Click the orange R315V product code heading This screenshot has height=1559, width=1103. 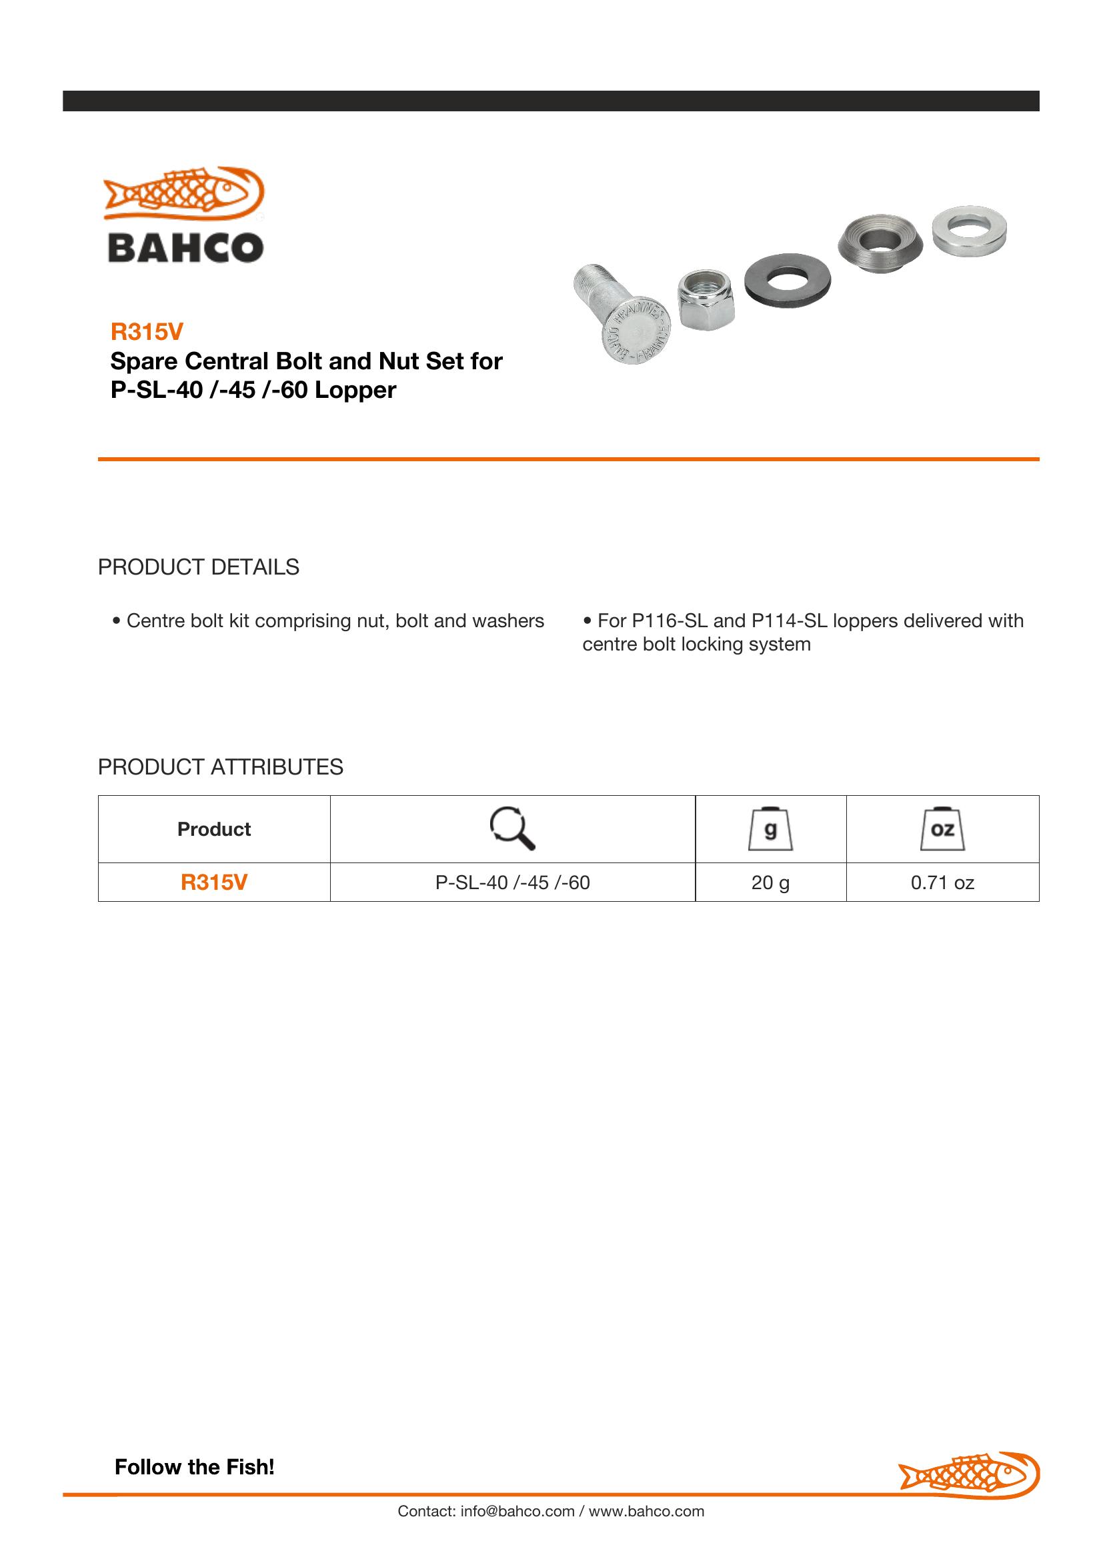[x=147, y=331]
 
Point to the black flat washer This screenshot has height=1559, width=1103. [x=788, y=279]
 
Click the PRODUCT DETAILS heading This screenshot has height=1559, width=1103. [x=198, y=567]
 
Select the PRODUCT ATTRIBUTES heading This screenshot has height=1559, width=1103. [x=221, y=767]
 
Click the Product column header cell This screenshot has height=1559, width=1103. [x=214, y=829]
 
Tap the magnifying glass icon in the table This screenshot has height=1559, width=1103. [x=512, y=828]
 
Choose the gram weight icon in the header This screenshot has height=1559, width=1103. [x=770, y=829]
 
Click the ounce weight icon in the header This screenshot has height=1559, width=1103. [x=942, y=829]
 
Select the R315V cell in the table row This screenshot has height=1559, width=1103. [x=214, y=882]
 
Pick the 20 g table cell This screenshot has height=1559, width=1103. [x=770, y=882]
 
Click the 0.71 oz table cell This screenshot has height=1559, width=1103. [x=942, y=882]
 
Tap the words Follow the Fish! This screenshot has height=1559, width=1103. [x=195, y=1466]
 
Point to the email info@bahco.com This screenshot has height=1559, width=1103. [x=517, y=1511]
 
